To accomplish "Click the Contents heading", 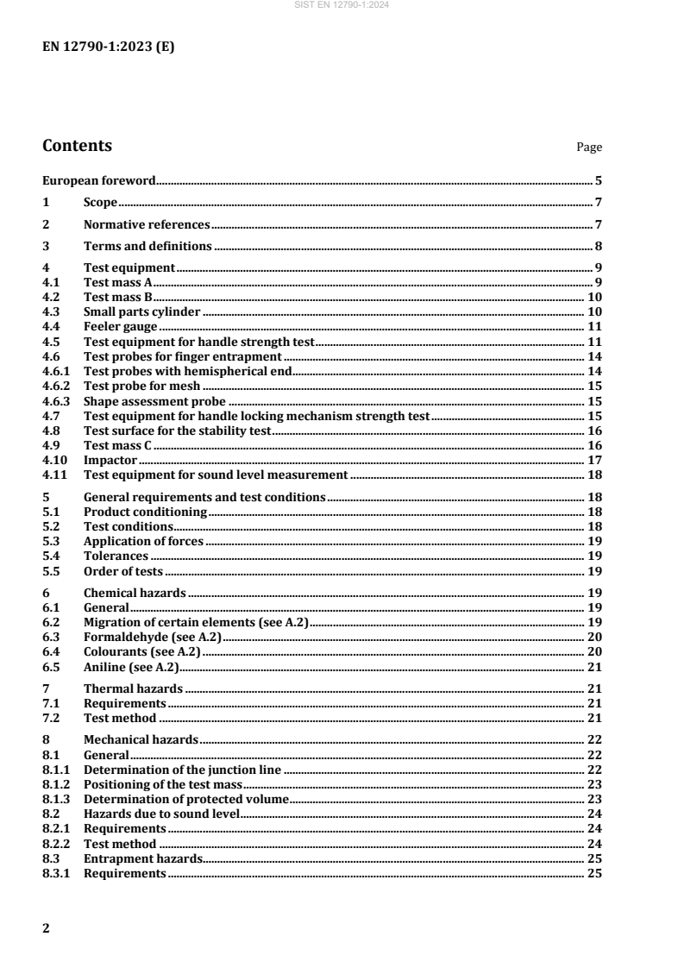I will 77,146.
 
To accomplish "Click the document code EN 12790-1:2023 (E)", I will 108,48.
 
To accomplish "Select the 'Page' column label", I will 589,148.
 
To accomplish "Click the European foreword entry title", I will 99,181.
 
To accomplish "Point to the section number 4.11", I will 54,475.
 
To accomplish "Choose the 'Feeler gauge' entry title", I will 120,326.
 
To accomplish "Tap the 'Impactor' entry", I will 110,460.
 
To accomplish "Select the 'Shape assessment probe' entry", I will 154,400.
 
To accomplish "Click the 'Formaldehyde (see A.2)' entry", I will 153,636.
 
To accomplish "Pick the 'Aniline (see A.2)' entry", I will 130,666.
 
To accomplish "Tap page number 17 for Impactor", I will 594,460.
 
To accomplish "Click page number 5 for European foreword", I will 598,181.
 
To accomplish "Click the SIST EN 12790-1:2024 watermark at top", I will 342,6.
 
